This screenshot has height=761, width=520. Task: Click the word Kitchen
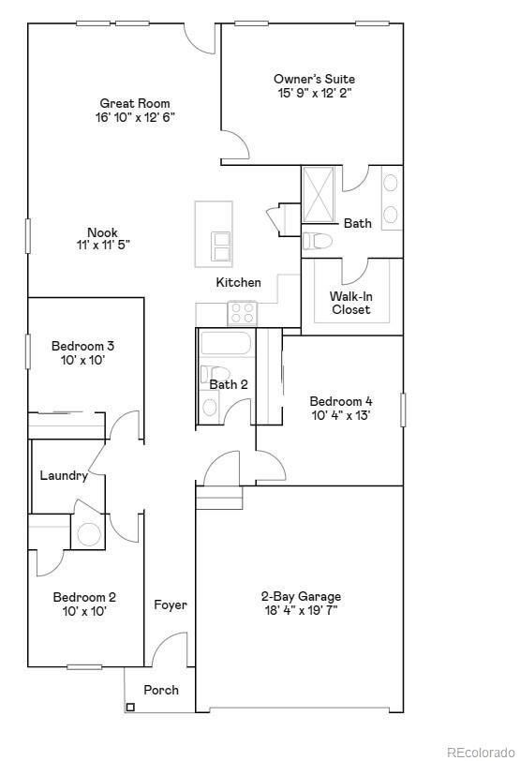239,282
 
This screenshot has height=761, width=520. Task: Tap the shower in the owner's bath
321,195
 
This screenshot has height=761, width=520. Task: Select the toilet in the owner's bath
319,241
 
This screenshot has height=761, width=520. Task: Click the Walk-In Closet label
350,303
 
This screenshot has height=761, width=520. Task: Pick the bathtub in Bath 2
226,344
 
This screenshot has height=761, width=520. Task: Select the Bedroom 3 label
82,352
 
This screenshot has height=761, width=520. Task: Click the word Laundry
64,475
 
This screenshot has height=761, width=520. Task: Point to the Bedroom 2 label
84,604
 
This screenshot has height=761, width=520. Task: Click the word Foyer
171,604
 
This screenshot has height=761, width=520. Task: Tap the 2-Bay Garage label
300,603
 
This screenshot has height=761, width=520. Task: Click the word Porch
161,690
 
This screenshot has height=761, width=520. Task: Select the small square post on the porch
129,707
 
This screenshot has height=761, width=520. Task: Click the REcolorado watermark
480,751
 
